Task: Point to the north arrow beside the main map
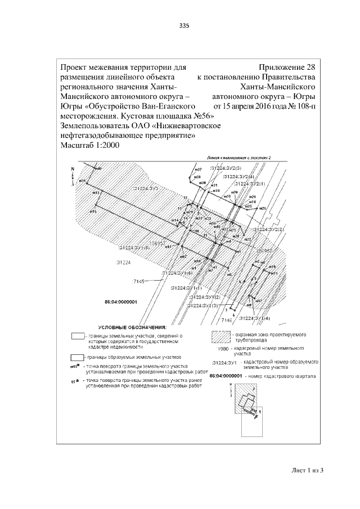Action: [73, 175]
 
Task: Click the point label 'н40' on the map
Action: [97, 169]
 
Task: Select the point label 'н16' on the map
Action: [93, 211]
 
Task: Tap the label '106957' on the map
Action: [160, 244]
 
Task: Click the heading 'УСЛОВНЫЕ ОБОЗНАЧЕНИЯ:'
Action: [132, 327]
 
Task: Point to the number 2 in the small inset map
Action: [254, 389]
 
